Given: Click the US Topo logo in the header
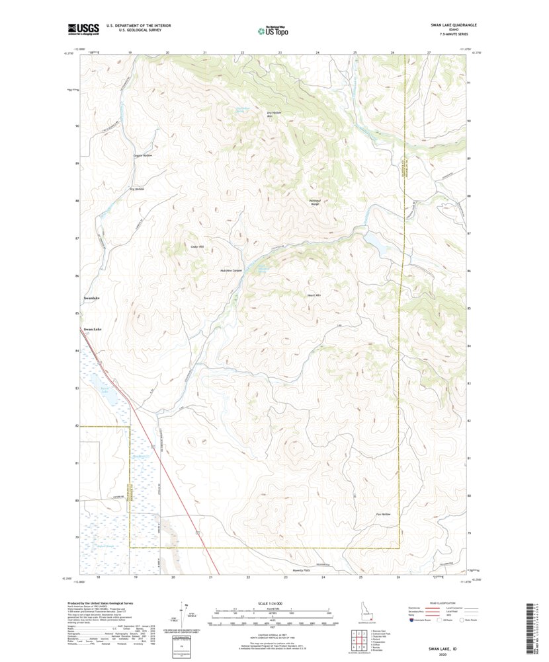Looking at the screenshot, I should (273, 29).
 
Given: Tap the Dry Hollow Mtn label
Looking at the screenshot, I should (274, 114).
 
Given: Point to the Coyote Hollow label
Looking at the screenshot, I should (143, 155).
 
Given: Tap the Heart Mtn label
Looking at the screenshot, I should (314, 295).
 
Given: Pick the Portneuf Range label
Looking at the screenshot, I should (314, 202).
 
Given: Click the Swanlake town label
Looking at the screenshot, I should (91, 299).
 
